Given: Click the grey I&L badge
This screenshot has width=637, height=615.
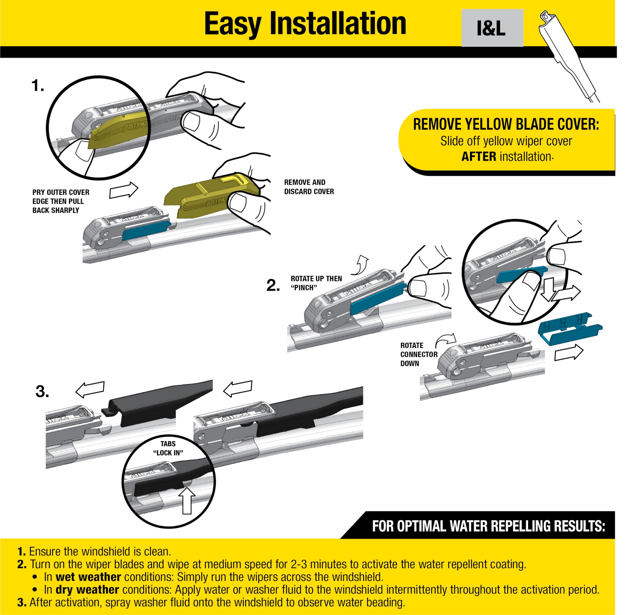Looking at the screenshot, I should point(492,28).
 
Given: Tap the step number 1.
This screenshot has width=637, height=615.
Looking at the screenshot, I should point(38,86).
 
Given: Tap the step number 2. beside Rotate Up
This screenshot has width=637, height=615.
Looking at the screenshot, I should point(273,286).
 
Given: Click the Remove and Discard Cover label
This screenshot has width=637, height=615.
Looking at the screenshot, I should point(309,187).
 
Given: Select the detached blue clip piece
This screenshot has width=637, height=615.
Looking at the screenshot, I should point(570,328).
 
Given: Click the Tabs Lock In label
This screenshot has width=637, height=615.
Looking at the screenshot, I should point(168,448).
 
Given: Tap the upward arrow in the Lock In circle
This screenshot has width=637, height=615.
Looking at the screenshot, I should point(187,501).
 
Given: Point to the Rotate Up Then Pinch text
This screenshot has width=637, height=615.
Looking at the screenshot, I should point(316,283).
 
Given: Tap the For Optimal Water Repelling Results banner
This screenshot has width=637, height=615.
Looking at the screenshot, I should point(488,526).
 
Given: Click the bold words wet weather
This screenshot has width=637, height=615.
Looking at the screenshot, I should point(88,577).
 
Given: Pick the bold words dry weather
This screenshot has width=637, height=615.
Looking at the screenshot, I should point(87,589).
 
